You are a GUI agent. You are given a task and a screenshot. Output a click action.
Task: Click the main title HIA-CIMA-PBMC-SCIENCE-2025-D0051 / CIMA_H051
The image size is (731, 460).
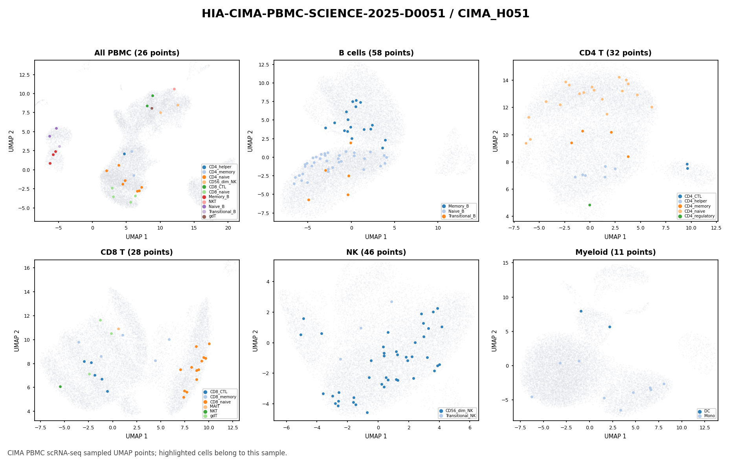(365, 14)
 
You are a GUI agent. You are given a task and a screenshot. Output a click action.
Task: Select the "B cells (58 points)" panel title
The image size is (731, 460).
(376, 53)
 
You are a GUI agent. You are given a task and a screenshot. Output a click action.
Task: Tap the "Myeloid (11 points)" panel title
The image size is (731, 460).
(615, 252)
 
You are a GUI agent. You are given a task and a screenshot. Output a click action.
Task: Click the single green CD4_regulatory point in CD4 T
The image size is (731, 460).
(590, 205)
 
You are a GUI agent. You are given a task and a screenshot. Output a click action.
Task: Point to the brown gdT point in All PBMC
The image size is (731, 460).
(152, 108)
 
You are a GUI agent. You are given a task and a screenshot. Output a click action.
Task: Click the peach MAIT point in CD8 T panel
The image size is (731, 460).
(118, 329)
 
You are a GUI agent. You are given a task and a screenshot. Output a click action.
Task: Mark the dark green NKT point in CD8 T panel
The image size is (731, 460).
(60, 386)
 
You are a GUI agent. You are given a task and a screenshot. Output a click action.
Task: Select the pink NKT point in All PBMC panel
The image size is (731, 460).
(174, 89)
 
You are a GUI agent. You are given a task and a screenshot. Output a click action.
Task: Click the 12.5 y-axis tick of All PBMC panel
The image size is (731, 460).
(27, 75)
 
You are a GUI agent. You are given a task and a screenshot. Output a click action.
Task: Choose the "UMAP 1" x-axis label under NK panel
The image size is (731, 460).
(376, 436)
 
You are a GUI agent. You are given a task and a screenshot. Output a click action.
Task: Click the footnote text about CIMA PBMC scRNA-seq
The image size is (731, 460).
(147, 453)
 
